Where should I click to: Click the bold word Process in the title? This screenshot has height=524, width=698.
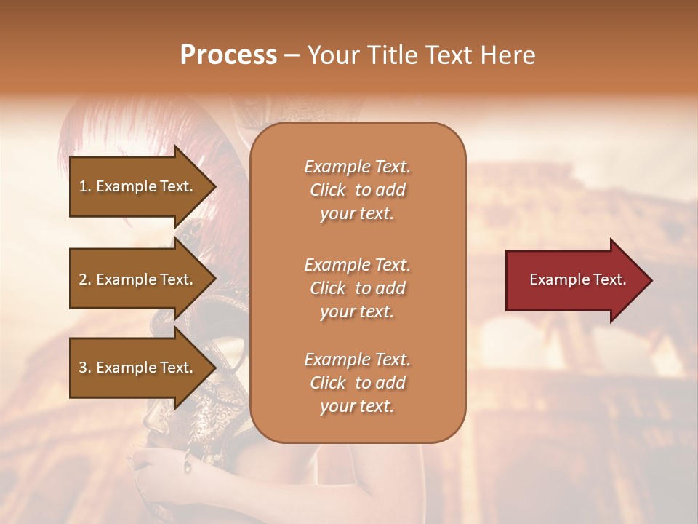point(228,55)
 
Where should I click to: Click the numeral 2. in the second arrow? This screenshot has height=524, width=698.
point(85,279)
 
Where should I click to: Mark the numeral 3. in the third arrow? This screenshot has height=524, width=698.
point(85,368)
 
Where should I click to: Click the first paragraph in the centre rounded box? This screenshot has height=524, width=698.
point(357,190)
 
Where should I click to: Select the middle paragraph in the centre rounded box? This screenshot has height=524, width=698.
point(357,288)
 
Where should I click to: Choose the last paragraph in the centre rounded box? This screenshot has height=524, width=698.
point(357,383)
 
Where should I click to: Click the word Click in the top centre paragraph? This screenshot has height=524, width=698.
point(328,190)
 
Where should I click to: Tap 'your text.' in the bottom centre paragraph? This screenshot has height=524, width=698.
point(357,406)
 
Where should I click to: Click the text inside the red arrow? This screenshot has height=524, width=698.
point(577,279)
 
